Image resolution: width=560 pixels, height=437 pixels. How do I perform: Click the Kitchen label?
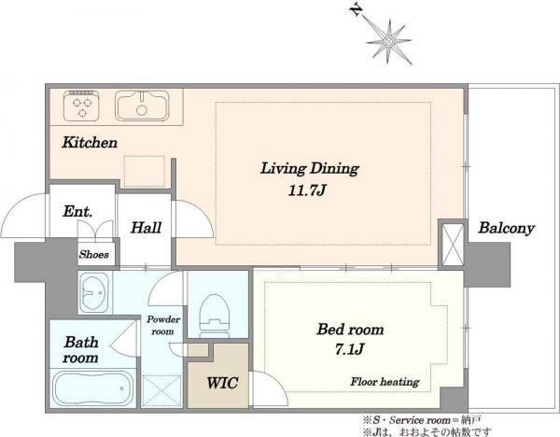point(90,142)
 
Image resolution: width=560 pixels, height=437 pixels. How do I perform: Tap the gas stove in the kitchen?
point(81,106)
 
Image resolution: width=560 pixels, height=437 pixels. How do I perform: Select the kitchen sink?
point(142,106)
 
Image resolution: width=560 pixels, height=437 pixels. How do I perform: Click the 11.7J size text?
point(307,190)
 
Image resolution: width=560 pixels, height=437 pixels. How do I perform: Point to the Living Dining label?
point(309,169)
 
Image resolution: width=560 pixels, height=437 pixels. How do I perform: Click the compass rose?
point(388,42)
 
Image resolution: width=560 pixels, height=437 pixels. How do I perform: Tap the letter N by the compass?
point(356,10)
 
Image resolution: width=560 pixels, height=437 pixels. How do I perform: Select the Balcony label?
point(506,229)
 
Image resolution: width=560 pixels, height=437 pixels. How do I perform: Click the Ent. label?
point(77,211)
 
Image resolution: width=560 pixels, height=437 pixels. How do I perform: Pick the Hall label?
point(146,228)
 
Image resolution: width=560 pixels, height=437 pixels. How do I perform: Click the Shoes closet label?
point(94,254)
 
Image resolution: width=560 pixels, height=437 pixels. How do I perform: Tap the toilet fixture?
point(215,316)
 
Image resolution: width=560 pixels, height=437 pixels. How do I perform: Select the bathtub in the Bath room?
point(92,388)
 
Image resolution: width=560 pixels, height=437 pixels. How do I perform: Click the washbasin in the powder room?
point(95,292)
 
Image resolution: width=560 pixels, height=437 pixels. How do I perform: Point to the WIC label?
point(222,383)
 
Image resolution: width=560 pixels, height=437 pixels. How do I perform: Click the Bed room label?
point(350,329)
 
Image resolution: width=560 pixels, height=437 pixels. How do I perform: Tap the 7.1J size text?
point(349,349)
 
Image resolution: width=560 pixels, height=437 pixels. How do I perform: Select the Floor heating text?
point(385,382)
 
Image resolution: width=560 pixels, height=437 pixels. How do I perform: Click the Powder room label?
point(163,325)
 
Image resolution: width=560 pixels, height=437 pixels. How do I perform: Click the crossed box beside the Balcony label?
point(453,245)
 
